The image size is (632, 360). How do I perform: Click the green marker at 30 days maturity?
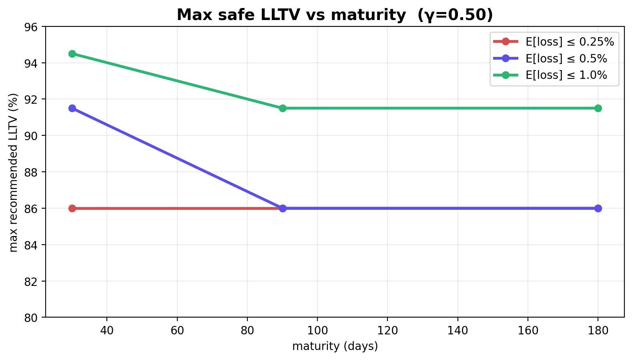coord(72,54)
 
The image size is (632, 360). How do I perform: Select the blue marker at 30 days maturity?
coord(72,108)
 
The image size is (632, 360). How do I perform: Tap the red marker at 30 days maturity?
coord(72,208)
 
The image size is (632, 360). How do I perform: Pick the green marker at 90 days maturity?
coord(283,108)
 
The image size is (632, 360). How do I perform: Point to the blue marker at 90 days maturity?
coord(283,208)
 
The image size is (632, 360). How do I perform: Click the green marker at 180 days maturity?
coord(598,108)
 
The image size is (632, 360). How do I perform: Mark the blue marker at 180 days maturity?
coord(598,208)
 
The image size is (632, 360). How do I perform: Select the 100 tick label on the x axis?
coord(317,330)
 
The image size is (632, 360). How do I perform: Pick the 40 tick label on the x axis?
coord(107,330)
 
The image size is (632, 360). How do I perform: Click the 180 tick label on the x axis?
coord(598,330)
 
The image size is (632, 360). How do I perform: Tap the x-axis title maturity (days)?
coord(335,346)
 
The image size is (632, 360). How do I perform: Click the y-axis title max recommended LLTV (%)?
coord(13,172)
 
